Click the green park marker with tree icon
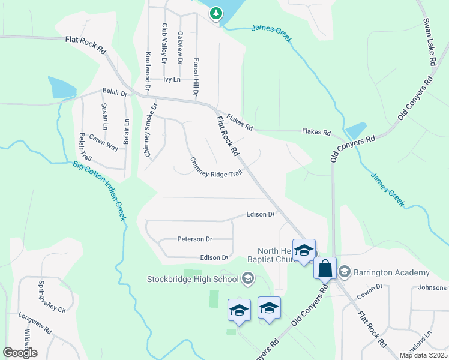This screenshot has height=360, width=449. [x=215, y=13]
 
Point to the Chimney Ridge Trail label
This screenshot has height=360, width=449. [x=216, y=167]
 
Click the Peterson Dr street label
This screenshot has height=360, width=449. [x=195, y=239]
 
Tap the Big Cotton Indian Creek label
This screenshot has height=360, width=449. [x=99, y=190]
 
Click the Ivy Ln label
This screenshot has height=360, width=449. [x=172, y=79]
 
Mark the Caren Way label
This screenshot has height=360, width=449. [x=104, y=142]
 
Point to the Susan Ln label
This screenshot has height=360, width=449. [x=104, y=116]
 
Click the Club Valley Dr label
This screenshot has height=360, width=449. [x=164, y=43]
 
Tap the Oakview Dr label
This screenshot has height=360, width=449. [x=179, y=47]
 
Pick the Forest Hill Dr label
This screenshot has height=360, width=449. [x=195, y=77]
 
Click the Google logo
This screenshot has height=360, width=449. [x=20, y=352]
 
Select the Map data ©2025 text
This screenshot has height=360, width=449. [x=424, y=355]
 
